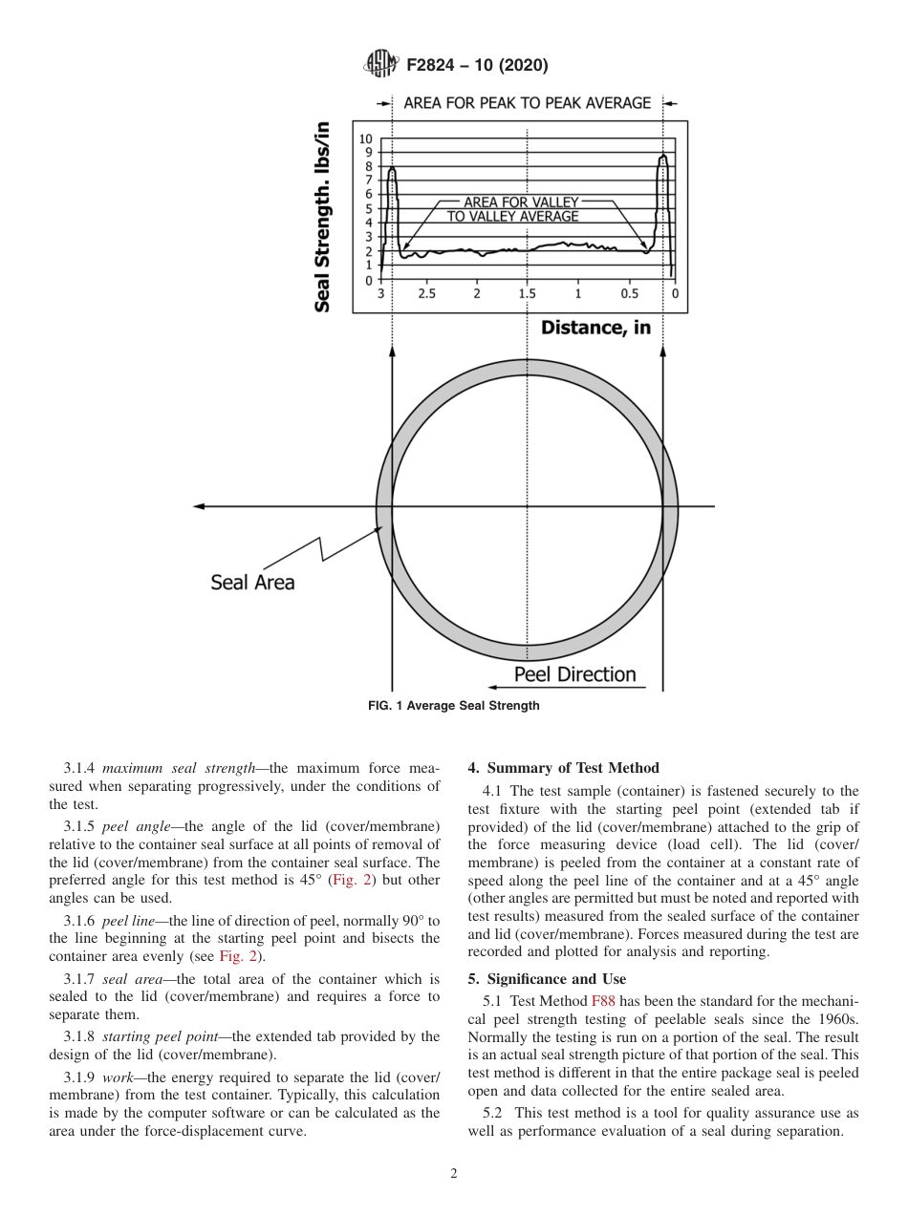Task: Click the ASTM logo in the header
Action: coord(382,65)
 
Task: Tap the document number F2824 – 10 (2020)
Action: coord(477,66)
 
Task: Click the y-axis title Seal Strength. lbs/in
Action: coord(323,217)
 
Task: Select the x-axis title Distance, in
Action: coord(595,328)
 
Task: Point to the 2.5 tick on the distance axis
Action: coord(426,294)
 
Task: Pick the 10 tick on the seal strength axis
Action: coord(366,139)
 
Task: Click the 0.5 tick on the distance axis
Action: coord(629,294)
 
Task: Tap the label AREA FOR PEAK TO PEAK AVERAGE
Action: coord(527,103)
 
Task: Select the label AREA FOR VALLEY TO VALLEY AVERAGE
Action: coord(512,209)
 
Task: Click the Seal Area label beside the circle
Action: coord(252,582)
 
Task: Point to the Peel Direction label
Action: coord(574,674)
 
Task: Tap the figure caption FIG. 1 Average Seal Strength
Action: coord(454,706)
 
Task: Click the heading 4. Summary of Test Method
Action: coord(563,768)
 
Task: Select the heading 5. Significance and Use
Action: coord(547,979)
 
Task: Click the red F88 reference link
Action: coord(603,1002)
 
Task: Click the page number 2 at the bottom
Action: coord(454,1174)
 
